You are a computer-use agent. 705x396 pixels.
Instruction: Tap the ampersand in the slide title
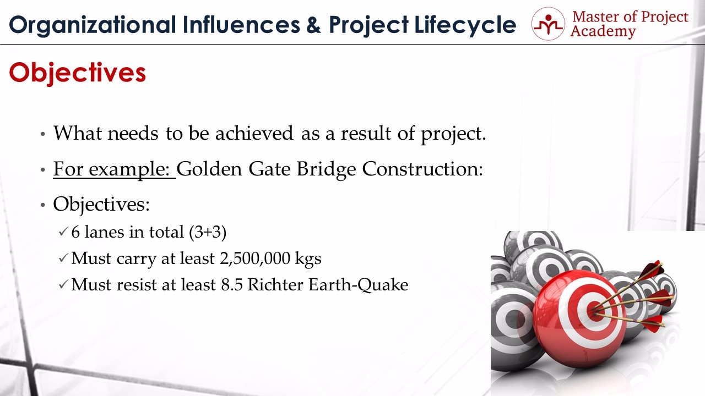click(313, 25)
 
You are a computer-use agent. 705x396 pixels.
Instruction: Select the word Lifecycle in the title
click(465, 25)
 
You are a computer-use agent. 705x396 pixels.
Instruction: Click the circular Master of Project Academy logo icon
click(548, 24)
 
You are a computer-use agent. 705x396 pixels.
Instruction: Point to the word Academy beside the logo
click(603, 31)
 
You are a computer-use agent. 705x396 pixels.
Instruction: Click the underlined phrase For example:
click(115, 170)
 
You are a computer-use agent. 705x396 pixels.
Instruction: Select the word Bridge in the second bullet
click(327, 170)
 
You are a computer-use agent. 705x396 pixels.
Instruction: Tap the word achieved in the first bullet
click(254, 133)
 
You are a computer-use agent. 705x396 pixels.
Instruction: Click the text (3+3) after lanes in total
click(208, 232)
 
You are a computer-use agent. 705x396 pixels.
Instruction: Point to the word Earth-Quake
click(358, 285)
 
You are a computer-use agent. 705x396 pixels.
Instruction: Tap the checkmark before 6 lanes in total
click(63, 232)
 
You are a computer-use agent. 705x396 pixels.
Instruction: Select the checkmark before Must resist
click(63, 285)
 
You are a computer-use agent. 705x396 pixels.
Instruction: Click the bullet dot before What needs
click(43, 134)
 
